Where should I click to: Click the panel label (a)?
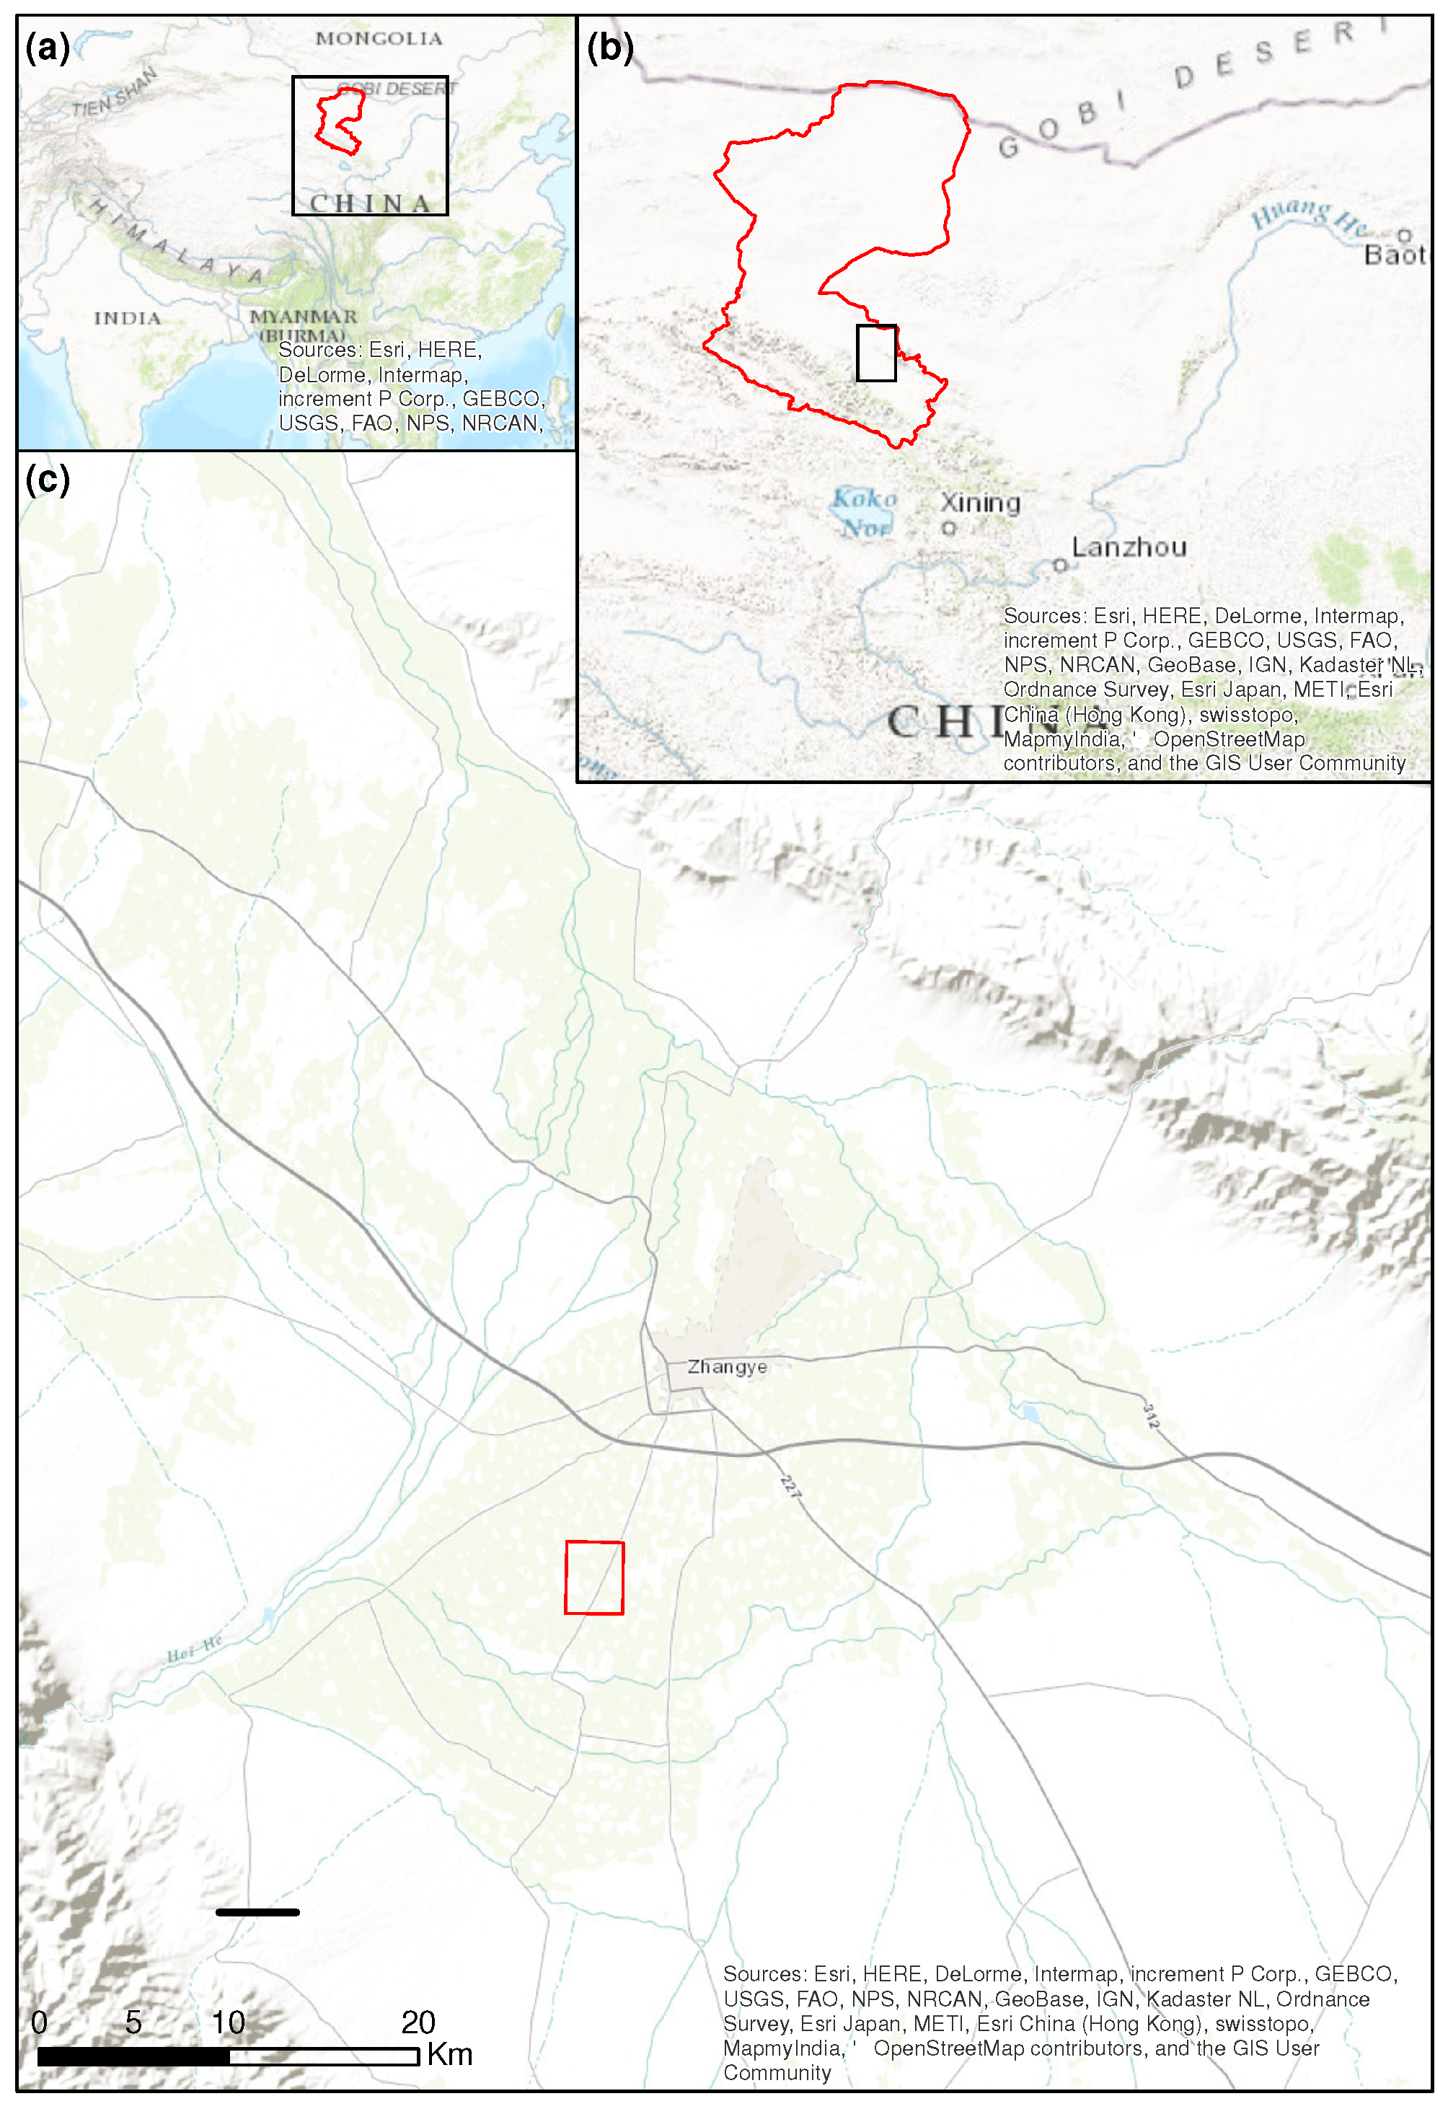(47, 47)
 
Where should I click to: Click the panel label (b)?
(609, 47)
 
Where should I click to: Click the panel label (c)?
(47, 479)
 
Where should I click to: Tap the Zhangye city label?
(727, 1367)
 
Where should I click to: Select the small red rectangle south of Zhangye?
(594, 1577)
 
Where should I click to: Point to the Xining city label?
(980, 503)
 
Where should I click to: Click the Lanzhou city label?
(1129, 547)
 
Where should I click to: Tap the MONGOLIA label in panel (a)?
(379, 38)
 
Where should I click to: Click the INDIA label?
(127, 319)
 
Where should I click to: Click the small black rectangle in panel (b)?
(876, 353)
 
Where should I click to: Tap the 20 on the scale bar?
(418, 2022)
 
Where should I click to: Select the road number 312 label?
(1150, 1416)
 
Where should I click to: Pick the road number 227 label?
(791, 1487)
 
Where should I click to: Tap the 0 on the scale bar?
(39, 2022)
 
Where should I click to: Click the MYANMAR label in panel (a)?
(303, 317)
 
